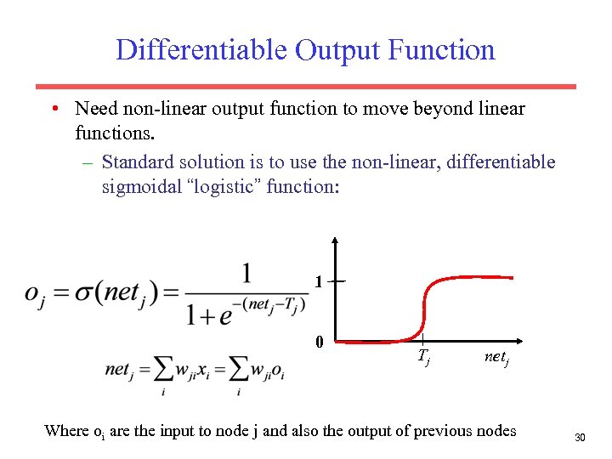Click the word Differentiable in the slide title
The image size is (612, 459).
[201, 49]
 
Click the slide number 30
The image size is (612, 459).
[581, 437]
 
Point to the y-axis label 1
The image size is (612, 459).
[318, 281]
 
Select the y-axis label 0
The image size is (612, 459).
[319, 343]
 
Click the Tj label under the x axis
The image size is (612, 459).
[423, 358]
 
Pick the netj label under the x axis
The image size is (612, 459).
[496, 357]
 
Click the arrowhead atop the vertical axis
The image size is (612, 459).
[336, 241]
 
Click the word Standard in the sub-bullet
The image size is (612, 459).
[133, 161]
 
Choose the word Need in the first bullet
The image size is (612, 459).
[94, 109]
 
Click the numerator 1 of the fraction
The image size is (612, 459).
[246, 273]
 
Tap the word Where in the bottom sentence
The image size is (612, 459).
[66, 430]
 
